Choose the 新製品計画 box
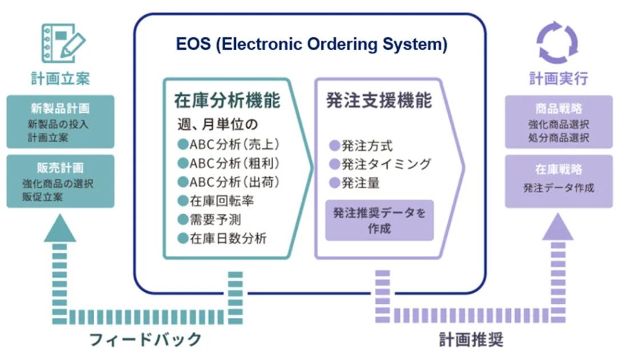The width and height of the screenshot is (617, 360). coord(61,121)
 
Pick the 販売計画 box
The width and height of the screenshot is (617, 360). coord(61,181)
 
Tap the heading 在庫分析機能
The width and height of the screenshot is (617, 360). coord(227,101)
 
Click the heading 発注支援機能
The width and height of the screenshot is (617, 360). coord(379,101)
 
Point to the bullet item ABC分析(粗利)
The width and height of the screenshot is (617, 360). coord(229,164)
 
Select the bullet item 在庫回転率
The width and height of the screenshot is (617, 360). coord(216,201)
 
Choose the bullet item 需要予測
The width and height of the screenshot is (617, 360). coord(210,219)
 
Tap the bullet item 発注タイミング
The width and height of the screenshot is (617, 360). coord(380,165)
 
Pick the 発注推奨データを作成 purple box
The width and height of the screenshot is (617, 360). coord(379,220)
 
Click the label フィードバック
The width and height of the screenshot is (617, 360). coord(145,339)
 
